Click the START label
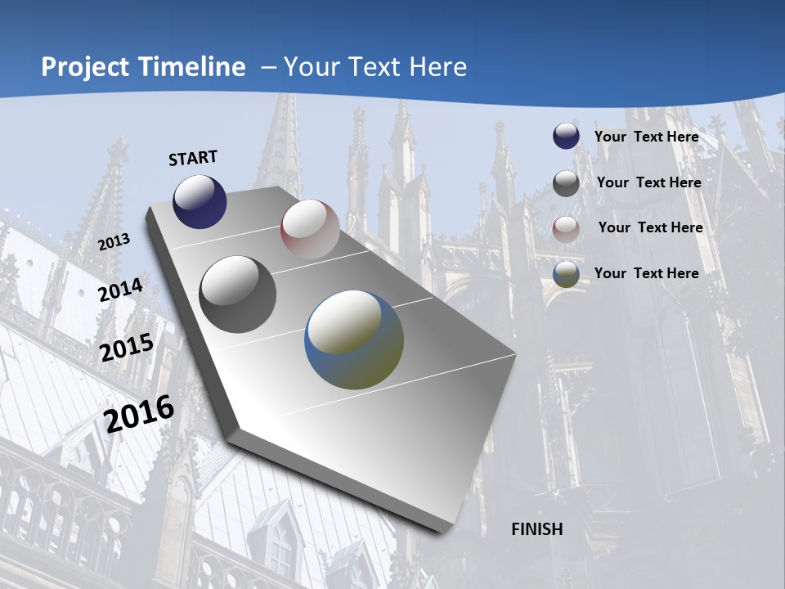coord(193,158)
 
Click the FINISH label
coord(536,529)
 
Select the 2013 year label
coord(114,241)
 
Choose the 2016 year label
coord(139,414)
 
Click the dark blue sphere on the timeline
coord(200,201)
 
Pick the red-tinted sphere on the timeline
coord(310,229)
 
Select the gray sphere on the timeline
coord(238,294)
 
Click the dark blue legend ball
coord(566,136)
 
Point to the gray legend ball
coord(566,182)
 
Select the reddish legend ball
coord(566,228)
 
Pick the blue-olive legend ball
coord(566,274)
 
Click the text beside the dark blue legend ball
coord(646,137)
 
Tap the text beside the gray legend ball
coord(648,182)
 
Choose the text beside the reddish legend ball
coord(650,227)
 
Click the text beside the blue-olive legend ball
coord(646,273)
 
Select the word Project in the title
coord(83,67)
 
